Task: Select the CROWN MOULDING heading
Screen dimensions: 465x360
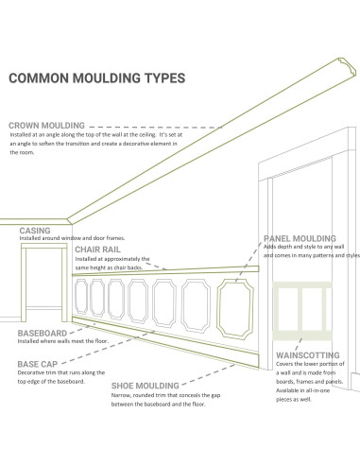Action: pos(47,125)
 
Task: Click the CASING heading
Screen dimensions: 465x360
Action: pos(35,230)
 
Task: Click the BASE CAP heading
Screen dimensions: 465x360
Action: pos(41,362)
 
